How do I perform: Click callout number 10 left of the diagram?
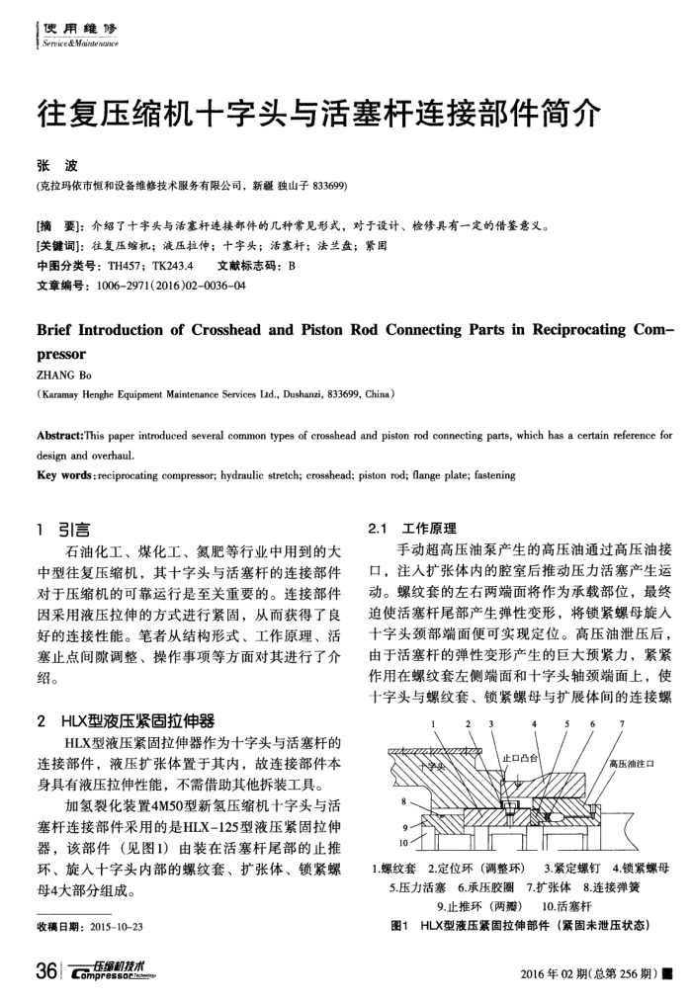403,842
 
